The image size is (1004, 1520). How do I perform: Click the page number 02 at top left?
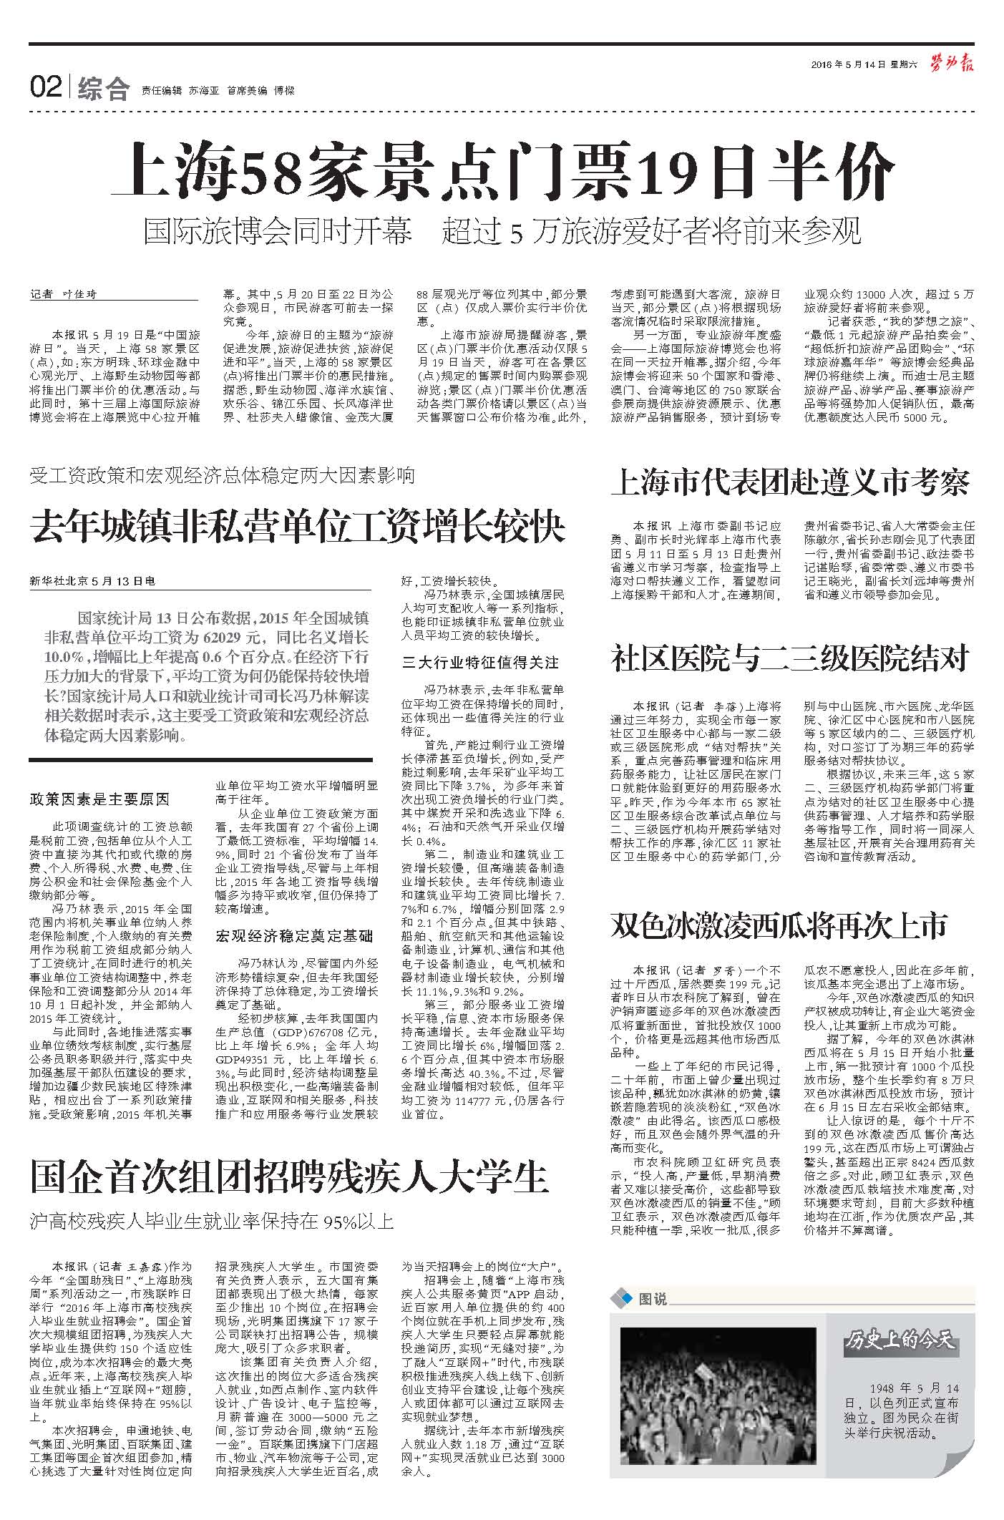[x=45, y=89]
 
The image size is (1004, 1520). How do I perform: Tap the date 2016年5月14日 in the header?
[x=849, y=65]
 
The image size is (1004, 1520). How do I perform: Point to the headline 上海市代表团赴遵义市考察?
[x=790, y=483]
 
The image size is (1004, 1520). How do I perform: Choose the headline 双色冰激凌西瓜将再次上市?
[x=779, y=925]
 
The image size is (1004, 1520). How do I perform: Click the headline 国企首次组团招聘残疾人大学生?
[x=289, y=1176]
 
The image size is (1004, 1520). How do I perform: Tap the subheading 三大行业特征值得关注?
[x=481, y=663]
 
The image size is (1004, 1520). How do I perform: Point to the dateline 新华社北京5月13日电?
[x=94, y=581]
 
